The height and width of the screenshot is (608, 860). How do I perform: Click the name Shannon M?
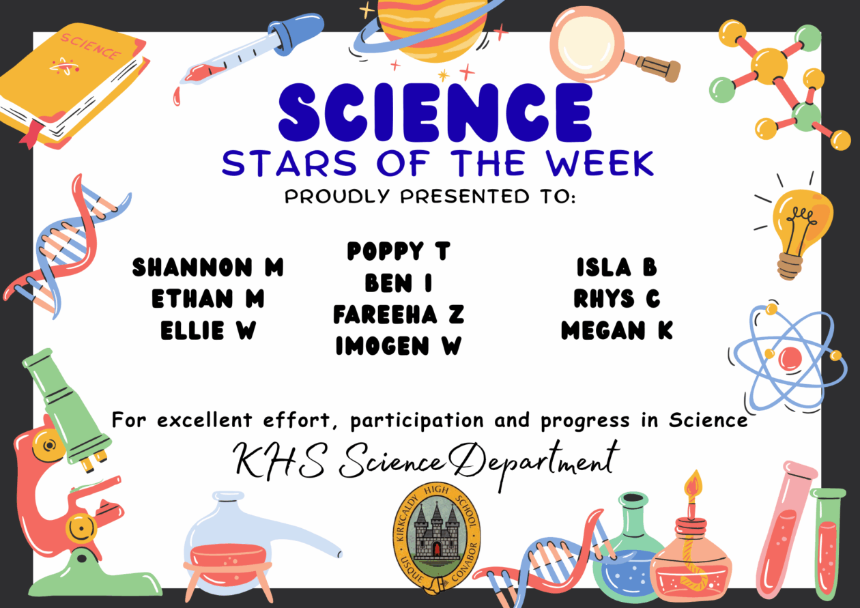[x=207, y=267]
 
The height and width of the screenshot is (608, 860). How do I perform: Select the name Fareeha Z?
[x=398, y=315]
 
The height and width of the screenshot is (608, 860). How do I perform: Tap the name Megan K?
[x=616, y=331]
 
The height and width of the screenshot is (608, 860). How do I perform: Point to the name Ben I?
[x=398, y=283]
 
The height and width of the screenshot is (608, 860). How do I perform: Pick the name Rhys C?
[x=616, y=299]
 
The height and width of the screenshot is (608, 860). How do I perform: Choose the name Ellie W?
[x=207, y=331]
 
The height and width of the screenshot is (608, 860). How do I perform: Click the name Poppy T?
[x=398, y=251]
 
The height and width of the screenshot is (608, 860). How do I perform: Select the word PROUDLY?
[x=339, y=198]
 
